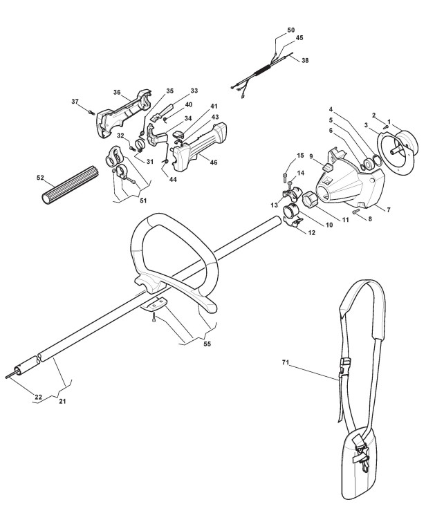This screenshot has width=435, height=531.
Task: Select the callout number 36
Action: (117, 92)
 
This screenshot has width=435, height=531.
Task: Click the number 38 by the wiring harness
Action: (305, 60)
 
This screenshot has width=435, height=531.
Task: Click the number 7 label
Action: (389, 209)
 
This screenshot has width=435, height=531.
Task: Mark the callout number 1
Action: (389, 122)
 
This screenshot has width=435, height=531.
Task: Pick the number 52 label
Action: (40, 178)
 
